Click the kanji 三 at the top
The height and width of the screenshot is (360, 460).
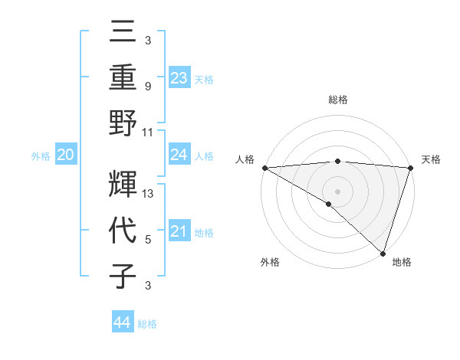click(x=123, y=33)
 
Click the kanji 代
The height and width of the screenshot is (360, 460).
click(x=123, y=231)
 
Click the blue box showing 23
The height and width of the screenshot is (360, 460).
click(x=179, y=77)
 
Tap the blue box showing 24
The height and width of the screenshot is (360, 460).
click(x=179, y=155)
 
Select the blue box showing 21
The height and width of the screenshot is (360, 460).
click(x=179, y=231)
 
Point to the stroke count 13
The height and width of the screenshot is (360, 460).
click(x=149, y=194)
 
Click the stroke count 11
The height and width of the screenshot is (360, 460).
click(x=149, y=131)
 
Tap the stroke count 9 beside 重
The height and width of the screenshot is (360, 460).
click(x=147, y=87)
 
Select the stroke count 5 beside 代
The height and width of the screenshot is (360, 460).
click(x=147, y=240)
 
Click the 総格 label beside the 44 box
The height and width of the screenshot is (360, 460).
click(x=147, y=324)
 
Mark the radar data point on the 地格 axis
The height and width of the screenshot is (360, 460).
click(x=383, y=252)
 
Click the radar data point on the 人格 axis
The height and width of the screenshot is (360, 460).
click(x=264, y=168)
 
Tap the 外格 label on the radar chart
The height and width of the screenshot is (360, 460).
click(x=269, y=263)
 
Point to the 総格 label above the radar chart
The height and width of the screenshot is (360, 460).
click(x=337, y=100)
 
